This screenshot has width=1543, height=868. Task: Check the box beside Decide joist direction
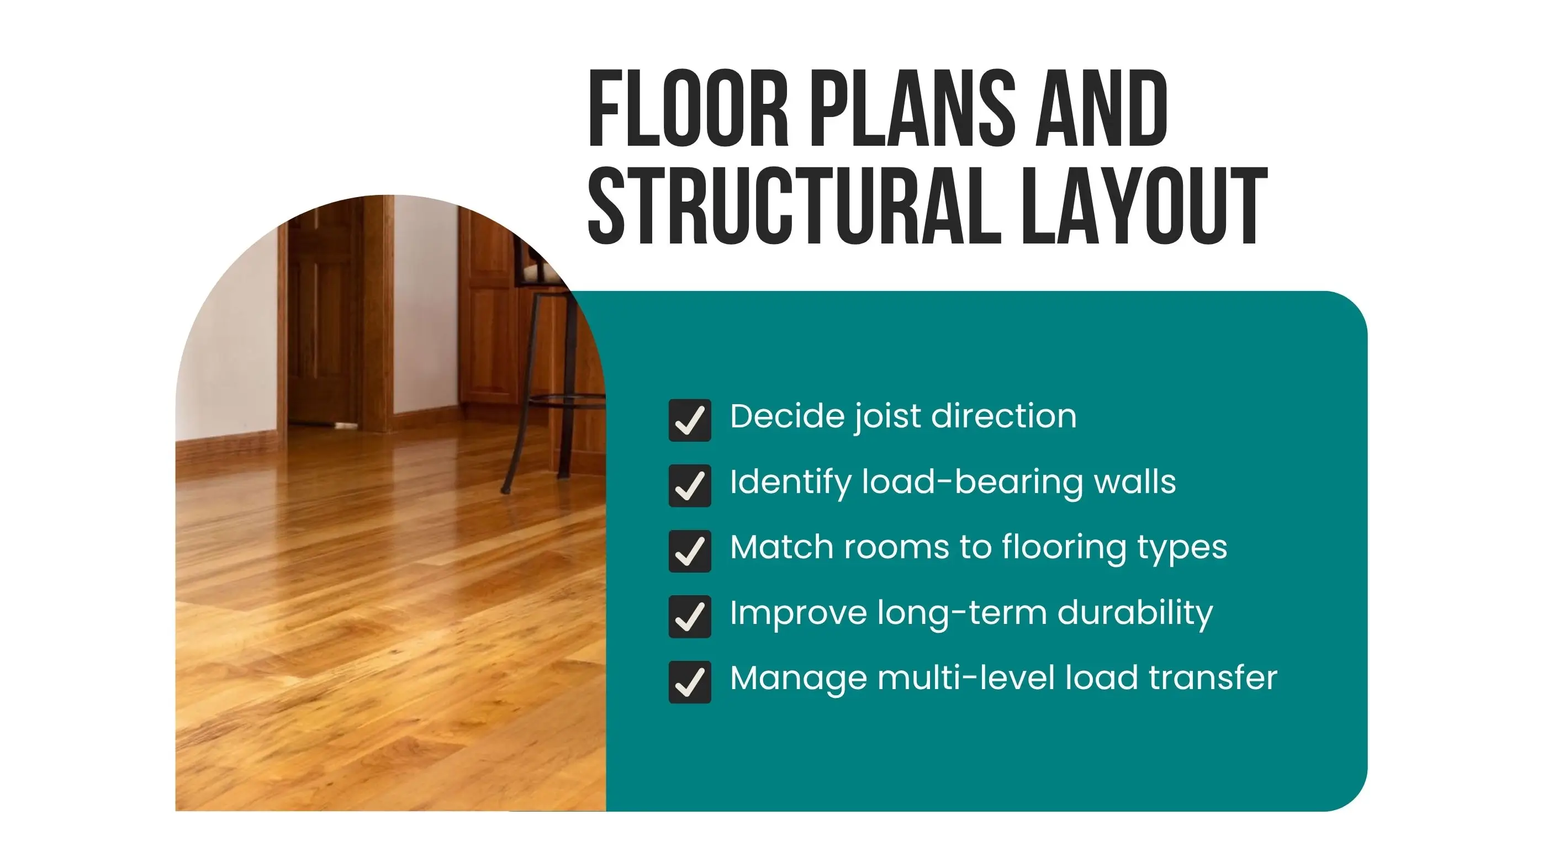coord(690,420)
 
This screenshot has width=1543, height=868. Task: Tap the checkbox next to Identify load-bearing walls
coord(690,485)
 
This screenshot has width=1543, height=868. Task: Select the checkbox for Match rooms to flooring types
coord(690,551)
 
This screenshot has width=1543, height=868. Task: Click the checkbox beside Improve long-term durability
coord(690,616)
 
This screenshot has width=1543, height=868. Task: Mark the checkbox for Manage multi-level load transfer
coord(690,682)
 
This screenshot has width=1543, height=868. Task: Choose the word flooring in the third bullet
coord(1064,548)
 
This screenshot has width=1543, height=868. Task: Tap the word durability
coord(1135,613)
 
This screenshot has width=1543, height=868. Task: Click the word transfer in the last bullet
coord(1213,678)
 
